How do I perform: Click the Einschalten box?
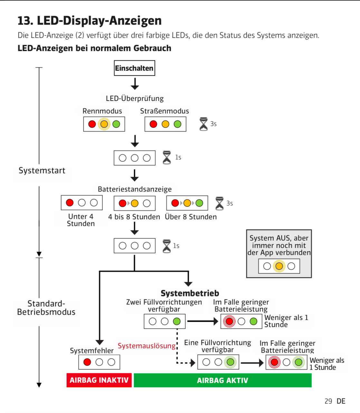[134, 68]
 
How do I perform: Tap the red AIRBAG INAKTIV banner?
[99, 380]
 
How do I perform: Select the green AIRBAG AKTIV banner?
[223, 380]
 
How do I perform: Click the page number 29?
[328, 401]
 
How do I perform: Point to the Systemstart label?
[42, 170]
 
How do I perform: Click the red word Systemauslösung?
[147, 346]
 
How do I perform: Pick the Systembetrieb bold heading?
[190, 293]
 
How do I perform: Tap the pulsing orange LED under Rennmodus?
[104, 124]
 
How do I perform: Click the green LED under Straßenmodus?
[177, 124]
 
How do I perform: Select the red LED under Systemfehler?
[87, 362]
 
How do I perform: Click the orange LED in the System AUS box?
[279, 266]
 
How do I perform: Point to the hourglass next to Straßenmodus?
[204, 124]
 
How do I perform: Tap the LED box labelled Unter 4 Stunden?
[82, 203]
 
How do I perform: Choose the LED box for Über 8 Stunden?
[187, 203]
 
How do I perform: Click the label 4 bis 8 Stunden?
[134, 217]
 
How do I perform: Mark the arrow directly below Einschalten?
[135, 84]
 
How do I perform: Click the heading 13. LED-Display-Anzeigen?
[90, 21]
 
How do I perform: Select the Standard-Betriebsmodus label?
[46, 308]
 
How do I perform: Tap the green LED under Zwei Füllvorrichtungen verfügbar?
[177, 321]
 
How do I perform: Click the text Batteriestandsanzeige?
[135, 189]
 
